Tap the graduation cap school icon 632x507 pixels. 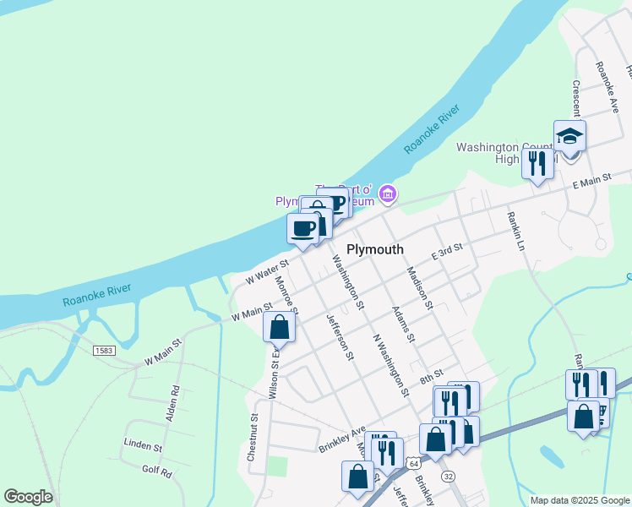click(x=569, y=136)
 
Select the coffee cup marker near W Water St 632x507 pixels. click(x=303, y=228)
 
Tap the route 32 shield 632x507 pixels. click(x=448, y=477)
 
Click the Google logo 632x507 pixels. click(x=28, y=497)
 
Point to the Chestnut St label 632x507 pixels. click(x=253, y=436)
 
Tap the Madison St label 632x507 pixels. click(x=419, y=288)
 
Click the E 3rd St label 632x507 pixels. click(x=448, y=251)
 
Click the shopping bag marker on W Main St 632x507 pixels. click(x=280, y=326)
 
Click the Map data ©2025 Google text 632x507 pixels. click(x=579, y=500)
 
